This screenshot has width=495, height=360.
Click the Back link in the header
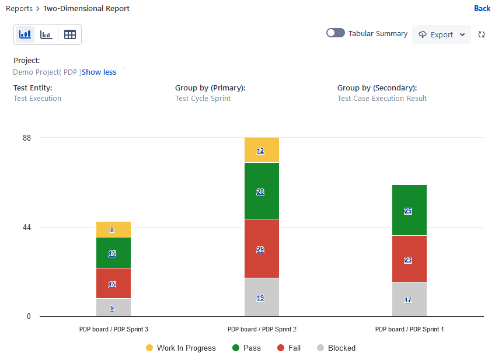(482, 9)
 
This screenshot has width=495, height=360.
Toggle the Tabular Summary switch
(335, 33)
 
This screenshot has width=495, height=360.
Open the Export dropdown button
(441, 34)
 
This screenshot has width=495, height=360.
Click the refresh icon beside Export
(482, 34)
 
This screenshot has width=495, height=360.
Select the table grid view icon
(70, 34)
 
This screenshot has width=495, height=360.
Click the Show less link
(99, 72)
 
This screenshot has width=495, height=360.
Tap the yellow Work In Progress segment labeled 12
(262, 151)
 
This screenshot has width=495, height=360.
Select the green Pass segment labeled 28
(262, 191)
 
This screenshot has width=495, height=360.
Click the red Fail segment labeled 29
(262, 249)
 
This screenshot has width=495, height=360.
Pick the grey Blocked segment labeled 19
(262, 298)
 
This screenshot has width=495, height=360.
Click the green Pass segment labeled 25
(409, 211)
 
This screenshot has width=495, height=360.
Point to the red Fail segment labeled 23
(409, 260)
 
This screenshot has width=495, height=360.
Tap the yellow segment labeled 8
(113, 230)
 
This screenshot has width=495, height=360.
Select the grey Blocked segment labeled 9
(113, 308)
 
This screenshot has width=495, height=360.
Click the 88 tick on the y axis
(27, 138)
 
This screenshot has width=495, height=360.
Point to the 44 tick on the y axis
(27, 227)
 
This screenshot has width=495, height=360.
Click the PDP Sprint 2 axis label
(262, 330)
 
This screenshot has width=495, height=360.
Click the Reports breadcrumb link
(19, 9)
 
